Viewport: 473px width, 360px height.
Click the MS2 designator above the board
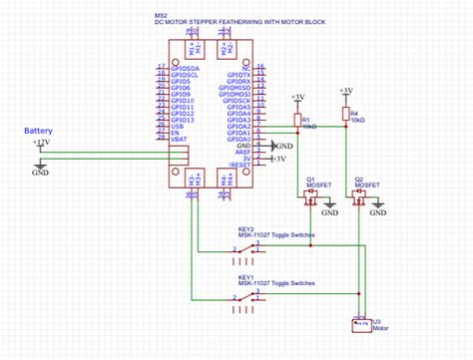161,17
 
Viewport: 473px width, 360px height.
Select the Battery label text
39,131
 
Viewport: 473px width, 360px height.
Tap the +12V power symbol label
40,143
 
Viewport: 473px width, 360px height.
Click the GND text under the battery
40,173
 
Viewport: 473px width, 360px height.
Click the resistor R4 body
345,115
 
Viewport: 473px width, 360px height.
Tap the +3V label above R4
345,90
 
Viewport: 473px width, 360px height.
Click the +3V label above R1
297,97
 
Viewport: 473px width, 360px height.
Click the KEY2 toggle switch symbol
247,246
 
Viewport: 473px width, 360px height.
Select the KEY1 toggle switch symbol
247,296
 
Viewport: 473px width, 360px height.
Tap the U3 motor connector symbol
360,323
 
